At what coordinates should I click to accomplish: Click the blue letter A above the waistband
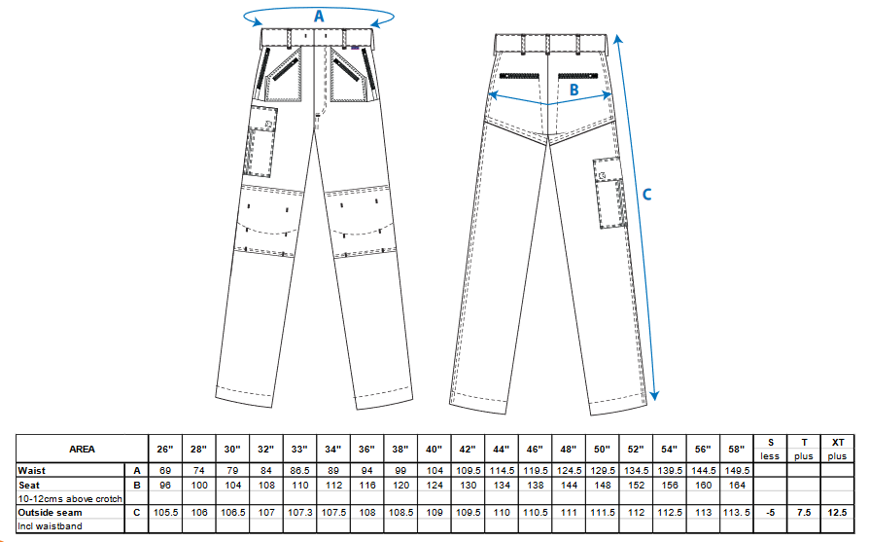319,17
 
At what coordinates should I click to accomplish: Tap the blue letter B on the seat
574,90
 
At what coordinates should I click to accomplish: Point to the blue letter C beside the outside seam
646,195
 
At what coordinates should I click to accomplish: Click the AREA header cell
82,449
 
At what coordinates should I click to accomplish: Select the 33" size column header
299,449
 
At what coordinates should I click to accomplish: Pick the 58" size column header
737,449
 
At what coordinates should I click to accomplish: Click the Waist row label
31,470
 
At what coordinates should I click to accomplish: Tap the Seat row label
29,485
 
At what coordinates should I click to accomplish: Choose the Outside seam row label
50,512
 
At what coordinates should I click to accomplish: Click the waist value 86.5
299,470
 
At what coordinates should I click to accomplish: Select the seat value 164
737,485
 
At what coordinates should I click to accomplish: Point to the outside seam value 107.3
299,512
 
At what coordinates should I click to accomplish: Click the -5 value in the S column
771,512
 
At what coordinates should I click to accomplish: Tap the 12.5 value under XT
838,512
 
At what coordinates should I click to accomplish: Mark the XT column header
838,442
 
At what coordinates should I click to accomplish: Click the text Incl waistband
50,525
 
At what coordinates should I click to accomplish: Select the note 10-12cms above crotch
70,499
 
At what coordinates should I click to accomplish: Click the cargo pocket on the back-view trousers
609,193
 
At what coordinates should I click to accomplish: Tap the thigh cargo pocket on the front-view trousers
260,141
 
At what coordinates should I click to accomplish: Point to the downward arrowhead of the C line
654,395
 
